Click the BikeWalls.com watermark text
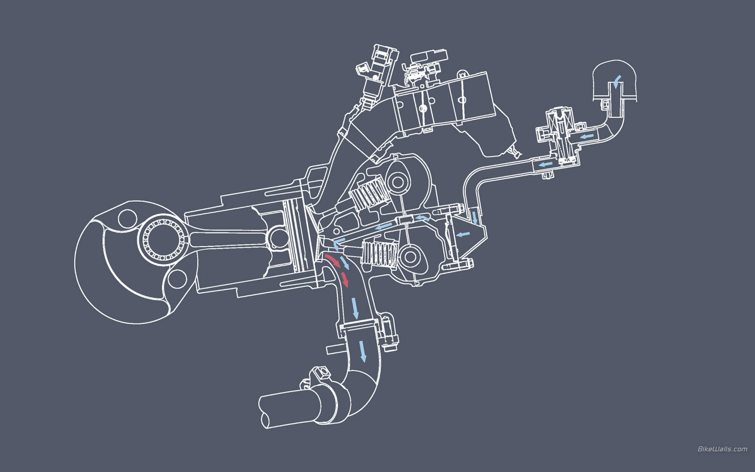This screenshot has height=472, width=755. point(722,449)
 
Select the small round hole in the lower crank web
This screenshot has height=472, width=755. point(177,279)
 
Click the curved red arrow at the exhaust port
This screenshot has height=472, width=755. point(333,261)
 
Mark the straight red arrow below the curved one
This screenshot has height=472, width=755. point(345,280)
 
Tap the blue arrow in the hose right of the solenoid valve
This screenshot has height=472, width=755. point(587,137)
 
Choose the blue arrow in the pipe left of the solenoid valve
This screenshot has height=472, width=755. point(545,165)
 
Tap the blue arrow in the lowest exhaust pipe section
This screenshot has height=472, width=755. point(363,352)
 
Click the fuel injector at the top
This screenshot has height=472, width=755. point(377,72)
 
